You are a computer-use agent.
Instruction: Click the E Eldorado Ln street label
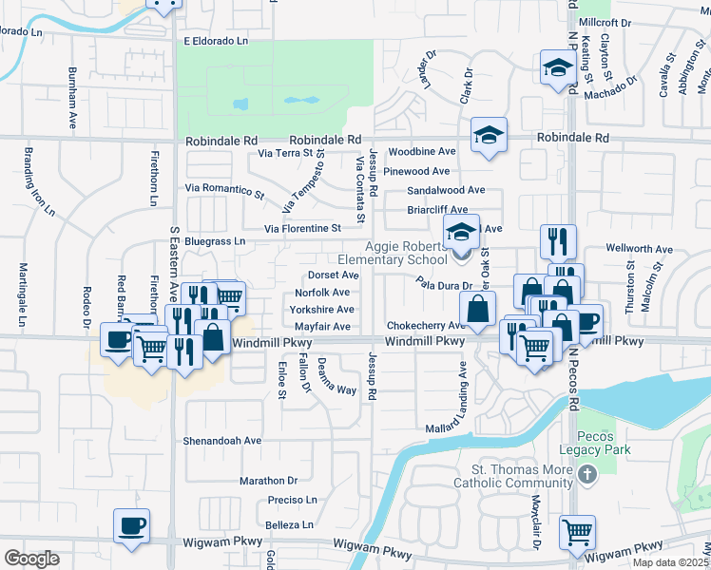pyautogui.click(x=216, y=42)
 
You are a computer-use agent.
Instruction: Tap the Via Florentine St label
pyautogui.click(x=302, y=229)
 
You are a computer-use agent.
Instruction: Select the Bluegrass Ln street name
pyautogui.click(x=215, y=241)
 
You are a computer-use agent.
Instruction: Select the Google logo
pyautogui.click(x=31, y=559)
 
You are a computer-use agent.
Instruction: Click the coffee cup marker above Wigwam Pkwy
pyautogui.click(x=131, y=525)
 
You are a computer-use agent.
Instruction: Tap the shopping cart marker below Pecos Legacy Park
pyautogui.click(x=577, y=533)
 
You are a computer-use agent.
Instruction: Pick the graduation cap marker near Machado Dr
pyautogui.click(x=557, y=67)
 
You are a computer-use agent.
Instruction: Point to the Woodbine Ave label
pyautogui.click(x=422, y=151)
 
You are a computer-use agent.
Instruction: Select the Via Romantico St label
pyautogui.click(x=224, y=190)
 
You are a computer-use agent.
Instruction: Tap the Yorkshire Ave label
pyautogui.click(x=322, y=310)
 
